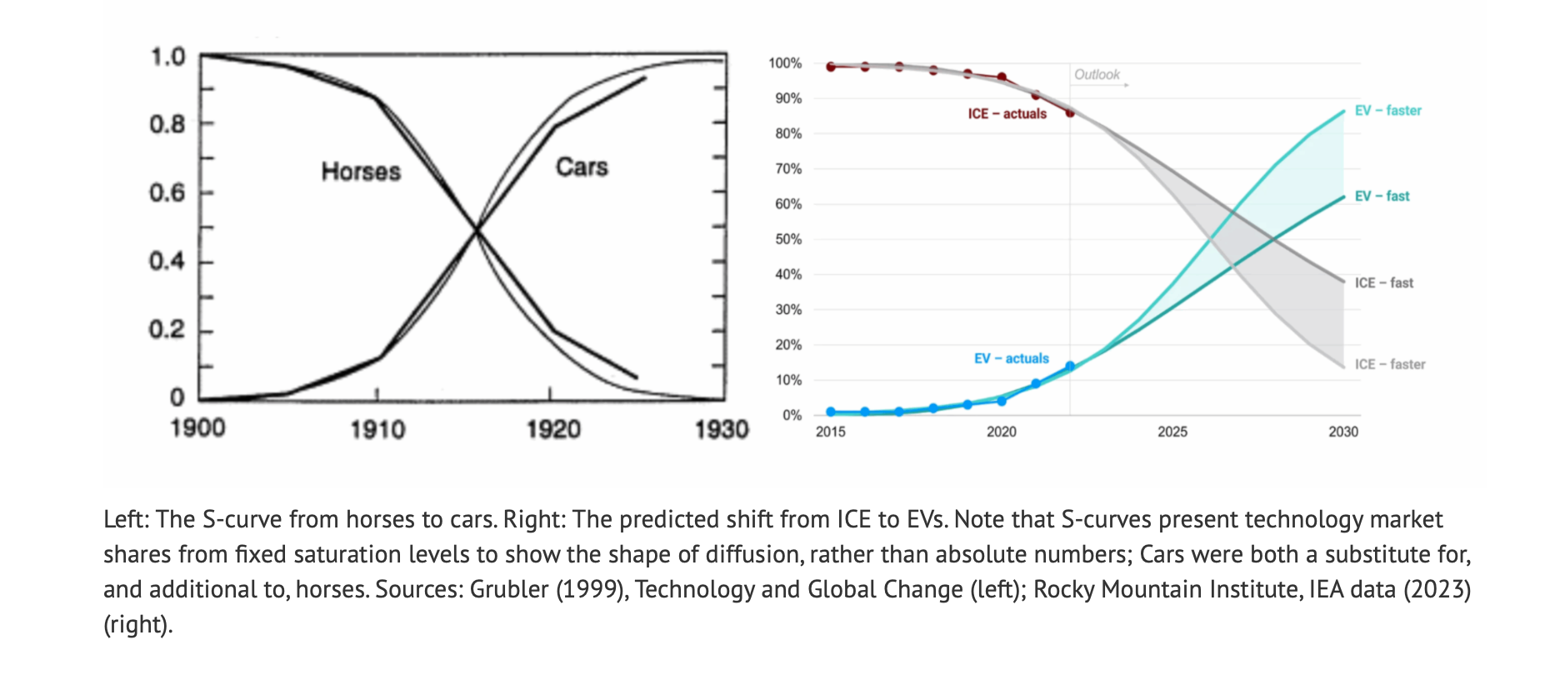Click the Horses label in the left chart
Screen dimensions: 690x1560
pos(361,172)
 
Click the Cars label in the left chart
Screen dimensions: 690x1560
pos(582,167)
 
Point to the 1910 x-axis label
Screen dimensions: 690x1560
pos(377,430)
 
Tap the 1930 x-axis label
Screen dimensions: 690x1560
pos(722,430)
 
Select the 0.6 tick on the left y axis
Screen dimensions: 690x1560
pos(167,193)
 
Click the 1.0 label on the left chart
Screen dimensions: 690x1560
pos(167,57)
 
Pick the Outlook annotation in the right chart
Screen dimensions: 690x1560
pos(1097,75)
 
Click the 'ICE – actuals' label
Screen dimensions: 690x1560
pos(1007,114)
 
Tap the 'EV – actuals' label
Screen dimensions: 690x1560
pos(1011,359)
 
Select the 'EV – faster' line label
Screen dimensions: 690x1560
pos(1387,111)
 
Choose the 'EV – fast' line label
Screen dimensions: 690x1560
pos(1382,197)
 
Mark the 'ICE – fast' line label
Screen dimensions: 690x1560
pos(1383,283)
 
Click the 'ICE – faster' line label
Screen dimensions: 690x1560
pos(1389,365)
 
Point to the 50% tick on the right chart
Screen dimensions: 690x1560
pos(788,239)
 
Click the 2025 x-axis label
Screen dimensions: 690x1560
pos(1172,432)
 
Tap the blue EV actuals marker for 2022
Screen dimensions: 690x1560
pos(1070,367)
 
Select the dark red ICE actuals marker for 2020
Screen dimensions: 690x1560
pos(1002,77)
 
